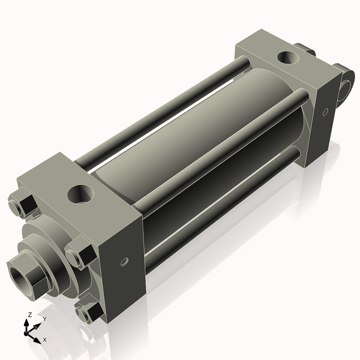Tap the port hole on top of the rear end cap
pyautogui.click(x=287, y=58)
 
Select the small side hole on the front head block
pyautogui.click(x=124, y=261)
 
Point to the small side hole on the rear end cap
pyautogui.click(x=325, y=112)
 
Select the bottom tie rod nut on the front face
pyautogui.click(x=88, y=313)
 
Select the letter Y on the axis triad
pyautogui.click(x=44, y=319)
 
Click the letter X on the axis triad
pyautogui.click(x=45, y=340)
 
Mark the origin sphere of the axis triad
pyautogui.click(x=28, y=331)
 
